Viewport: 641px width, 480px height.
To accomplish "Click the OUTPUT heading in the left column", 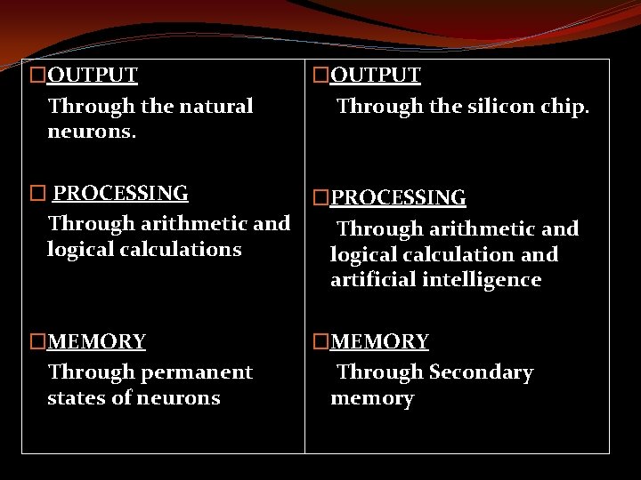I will click(92, 75).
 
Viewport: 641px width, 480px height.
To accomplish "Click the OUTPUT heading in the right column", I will click(376, 75).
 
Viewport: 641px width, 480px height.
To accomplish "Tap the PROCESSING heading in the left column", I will click(120, 193).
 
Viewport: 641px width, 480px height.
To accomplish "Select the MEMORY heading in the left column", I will click(96, 341).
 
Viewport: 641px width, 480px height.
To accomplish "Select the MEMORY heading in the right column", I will click(379, 341).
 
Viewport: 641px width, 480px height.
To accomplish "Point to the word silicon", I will click(492, 107).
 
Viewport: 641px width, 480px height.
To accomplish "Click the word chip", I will click(564, 107).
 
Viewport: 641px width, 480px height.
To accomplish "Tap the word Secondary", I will click(482, 372).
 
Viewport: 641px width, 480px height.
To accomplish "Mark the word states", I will click(77, 397).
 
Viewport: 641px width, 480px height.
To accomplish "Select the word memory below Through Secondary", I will click(372, 399).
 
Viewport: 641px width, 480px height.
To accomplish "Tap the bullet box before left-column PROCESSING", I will click(37, 193).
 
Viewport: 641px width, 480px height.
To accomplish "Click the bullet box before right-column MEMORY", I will click(320, 341).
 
